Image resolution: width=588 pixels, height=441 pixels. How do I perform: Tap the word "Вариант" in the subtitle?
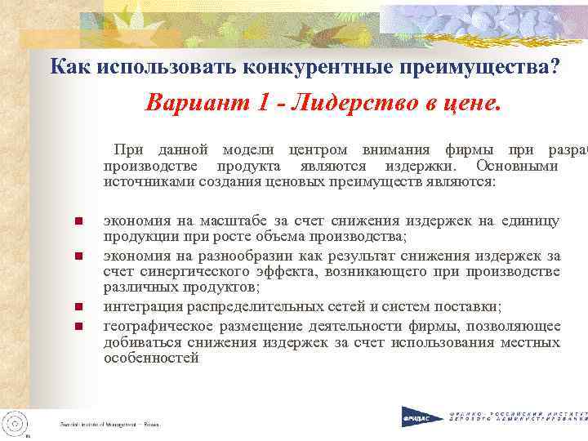click(185, 105)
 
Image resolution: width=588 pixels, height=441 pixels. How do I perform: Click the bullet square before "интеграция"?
click(78, 308)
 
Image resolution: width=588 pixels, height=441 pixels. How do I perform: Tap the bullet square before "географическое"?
click(78, 327)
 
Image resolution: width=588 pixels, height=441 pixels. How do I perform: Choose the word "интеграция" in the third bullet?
click(143, 307)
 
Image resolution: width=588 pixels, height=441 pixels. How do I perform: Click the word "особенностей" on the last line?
click(152, 358)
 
